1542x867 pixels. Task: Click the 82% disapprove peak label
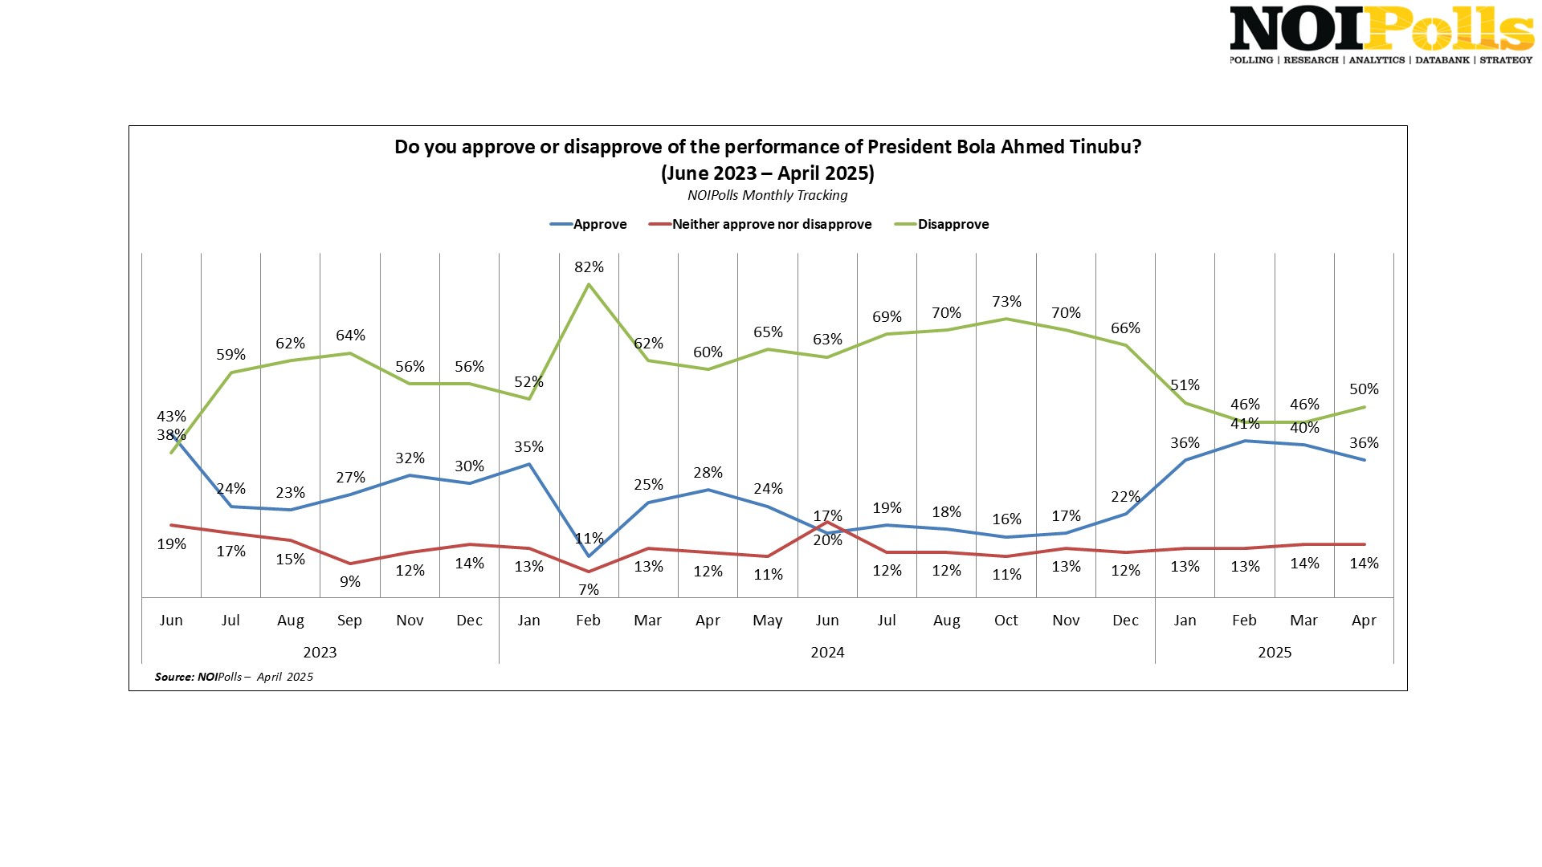point(589,267)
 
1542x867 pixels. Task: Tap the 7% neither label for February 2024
point(589,590)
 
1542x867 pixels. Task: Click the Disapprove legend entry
point(942,225)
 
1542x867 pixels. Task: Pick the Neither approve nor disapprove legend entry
point(761,225)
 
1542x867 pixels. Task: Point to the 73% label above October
point(1006,302)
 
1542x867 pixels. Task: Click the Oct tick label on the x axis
point(1006,621)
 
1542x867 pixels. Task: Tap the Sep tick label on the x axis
point(349,621)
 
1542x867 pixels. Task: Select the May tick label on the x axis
point(768,621)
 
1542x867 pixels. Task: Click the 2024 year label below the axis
point(827,653)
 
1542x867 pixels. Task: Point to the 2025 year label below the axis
point(1275,653)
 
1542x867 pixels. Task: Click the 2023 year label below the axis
point(320,653)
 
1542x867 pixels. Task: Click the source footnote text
point(234,677)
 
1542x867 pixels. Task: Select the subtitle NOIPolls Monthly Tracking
point(768,195)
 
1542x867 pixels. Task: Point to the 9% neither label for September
point(350,582)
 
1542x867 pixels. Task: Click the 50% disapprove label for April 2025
point(1364,389)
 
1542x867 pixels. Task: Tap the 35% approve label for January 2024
point(529,447)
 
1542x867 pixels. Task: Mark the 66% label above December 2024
point(1125,328)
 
